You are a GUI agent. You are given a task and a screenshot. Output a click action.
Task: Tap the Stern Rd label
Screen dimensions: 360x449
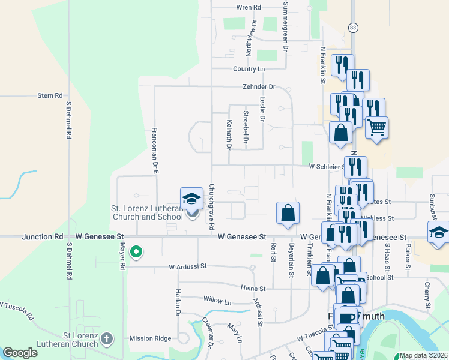click(50, 95)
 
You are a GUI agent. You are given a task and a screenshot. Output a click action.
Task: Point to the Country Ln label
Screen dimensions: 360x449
click(249, 69)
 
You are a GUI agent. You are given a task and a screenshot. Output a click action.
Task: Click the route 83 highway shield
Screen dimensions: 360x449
click(353, 28)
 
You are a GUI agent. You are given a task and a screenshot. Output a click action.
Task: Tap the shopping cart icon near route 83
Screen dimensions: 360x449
click(376, 127)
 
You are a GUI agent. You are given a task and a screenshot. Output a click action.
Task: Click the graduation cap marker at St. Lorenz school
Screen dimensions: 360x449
click(191, 199)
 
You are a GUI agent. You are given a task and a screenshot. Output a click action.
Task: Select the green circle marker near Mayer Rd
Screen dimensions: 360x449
click(136, 253)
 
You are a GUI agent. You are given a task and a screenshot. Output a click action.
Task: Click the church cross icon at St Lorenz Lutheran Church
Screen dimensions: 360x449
click(107, 339)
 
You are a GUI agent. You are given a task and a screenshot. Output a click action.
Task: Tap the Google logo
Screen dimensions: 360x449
click(20, 353)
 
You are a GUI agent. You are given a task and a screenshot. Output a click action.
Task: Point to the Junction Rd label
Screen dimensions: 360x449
click(43, 237)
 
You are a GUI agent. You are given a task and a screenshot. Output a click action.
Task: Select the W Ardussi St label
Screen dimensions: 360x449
click(187, 266)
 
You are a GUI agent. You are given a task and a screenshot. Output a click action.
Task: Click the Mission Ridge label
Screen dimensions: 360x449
click(150, 338)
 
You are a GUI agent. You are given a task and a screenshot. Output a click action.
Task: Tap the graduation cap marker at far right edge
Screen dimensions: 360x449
click(439, 233)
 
